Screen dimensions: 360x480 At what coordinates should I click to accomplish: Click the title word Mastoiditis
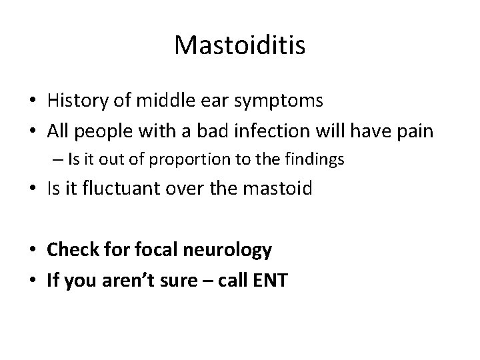coord(240,45)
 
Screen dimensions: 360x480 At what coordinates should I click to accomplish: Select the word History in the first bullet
coord(74,101)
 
